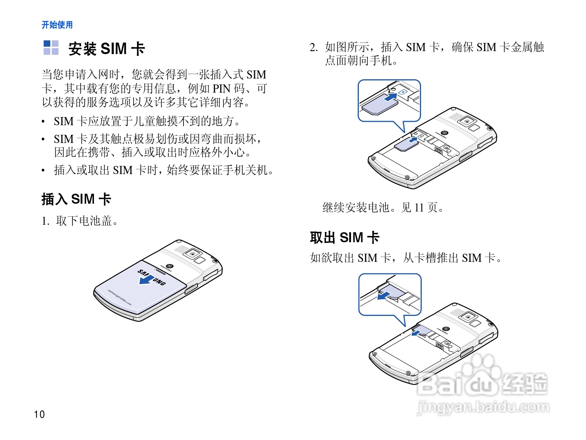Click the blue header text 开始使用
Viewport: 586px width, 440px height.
(x=57, y=25)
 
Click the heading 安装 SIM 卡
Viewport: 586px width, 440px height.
(x=107, y=49)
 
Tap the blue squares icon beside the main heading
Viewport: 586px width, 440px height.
(x=51, y=47)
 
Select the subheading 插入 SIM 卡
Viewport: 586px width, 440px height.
(x=76, y=199)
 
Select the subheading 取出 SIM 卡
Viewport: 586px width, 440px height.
(x=344, y=237)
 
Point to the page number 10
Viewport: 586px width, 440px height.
(x=39, y=414)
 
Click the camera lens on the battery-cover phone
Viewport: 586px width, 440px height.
(x=192, y=253)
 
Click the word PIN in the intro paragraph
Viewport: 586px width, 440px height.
(x=221, y=89)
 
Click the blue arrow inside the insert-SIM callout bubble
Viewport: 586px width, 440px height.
(x=391, y=97)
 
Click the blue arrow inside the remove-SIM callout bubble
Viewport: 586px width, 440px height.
(x=384, y=296)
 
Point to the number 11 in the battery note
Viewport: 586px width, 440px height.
(x=419, y=207)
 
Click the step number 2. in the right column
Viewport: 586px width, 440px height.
(x=314, y=47)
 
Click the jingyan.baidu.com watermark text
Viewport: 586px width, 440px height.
(x=483, y=408)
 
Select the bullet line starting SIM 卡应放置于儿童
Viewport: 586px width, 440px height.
(x=147, y=121)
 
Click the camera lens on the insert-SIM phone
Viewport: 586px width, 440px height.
(x=467, y=121)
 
